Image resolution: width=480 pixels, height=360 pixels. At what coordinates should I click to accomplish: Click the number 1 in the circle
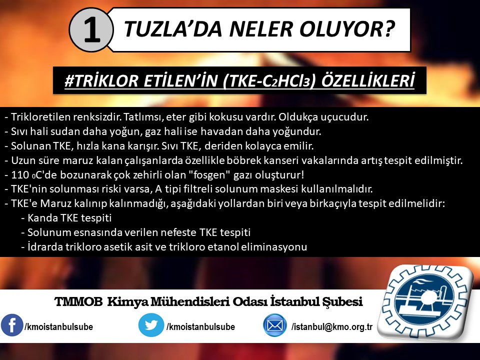tap(92, 30)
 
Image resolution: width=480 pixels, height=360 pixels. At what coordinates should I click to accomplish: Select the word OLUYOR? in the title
tap(347, 29)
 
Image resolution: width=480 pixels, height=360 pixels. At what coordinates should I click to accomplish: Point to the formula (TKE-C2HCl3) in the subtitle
tap(269, 81)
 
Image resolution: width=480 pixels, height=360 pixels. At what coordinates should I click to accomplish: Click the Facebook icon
tap(11, 325)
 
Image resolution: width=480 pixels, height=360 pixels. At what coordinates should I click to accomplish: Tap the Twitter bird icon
tap(151, 325)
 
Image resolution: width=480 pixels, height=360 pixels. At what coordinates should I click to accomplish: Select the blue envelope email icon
tap(275, 325)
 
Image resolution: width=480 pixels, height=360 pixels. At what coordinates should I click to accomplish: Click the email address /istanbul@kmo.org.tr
tap(332, 327)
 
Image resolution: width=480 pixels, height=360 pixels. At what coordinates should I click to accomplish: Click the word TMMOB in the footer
tap(79, 302)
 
